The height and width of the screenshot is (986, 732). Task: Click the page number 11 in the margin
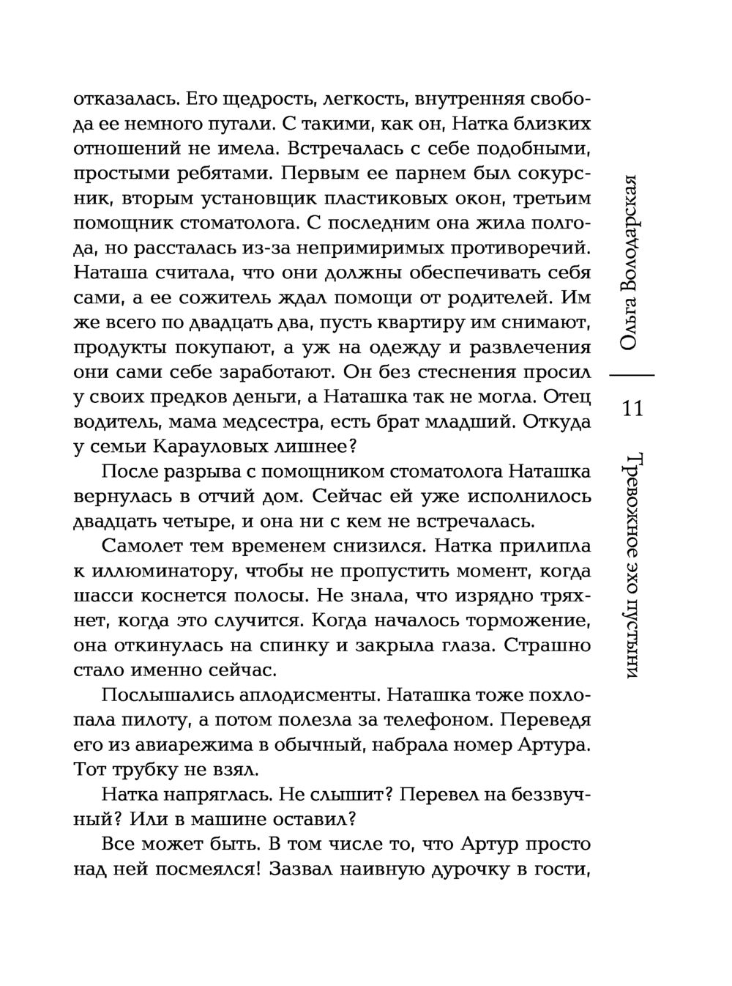(632, 408)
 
